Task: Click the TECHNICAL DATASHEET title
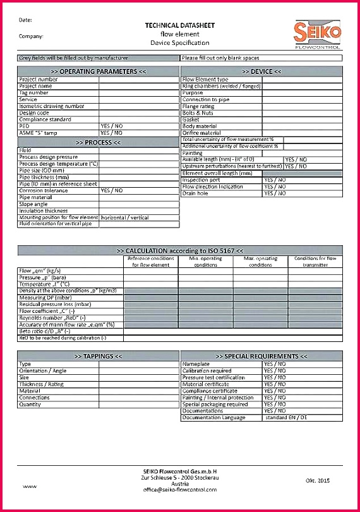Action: pos(179,25)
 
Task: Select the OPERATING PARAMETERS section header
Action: pos(98,72)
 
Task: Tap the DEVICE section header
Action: pos(261,72)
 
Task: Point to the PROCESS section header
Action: pos(98,143)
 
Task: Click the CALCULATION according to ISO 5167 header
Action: pos(179,251)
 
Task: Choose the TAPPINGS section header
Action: pos(98,357)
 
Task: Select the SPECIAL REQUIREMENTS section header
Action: pos(261,357)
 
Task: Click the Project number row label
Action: pos(39,80)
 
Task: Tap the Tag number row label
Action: pos(33,93)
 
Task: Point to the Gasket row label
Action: pos(191,119)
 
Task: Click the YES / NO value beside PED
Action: pos(112,126)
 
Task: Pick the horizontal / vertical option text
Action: pos(124,217)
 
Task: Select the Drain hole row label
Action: pos(195,193)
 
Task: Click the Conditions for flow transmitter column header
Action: pos(315,262)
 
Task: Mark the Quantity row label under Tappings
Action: pos(30,405)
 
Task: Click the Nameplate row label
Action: pos(196,364)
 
